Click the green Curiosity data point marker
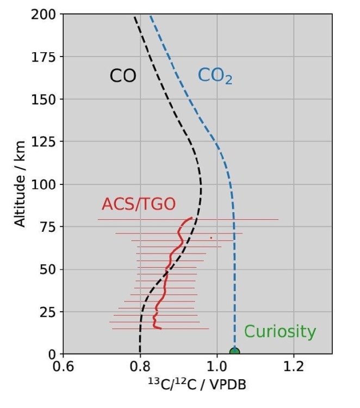[234, 352]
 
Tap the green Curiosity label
[280, 331]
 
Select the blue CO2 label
[215, 76]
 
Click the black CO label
[123, 76]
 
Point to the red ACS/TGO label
[139, 205]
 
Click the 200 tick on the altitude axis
[45, 15]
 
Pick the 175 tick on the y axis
[45, 57]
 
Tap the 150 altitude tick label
[45, 100]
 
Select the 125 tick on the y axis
[45, 142]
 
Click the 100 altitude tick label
[45, 184]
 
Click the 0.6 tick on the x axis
[63, 368]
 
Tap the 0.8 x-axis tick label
[140, 368]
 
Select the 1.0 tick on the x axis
[217, 368]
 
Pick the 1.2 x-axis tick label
[294, 368]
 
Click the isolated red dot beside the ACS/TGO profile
[211, 238]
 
